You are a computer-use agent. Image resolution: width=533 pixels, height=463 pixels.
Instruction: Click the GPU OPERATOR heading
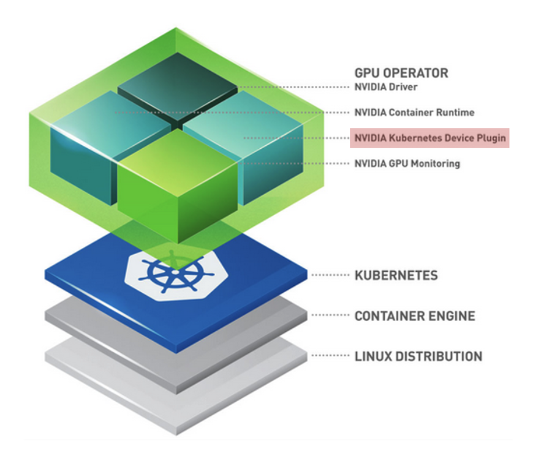click(x=401, y=73)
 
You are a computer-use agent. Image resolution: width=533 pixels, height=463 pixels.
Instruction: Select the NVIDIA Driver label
click(x=385, y=87)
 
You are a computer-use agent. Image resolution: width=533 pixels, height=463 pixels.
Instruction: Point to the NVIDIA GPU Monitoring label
click(x=407, y=164)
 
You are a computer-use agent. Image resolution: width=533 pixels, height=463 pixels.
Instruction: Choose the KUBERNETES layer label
click(x=396, y=275)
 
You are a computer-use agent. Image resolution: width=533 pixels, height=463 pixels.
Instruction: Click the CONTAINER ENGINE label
click(x=415, y=316)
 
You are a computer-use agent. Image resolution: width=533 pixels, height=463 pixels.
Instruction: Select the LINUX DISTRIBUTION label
click(x=418, y=356)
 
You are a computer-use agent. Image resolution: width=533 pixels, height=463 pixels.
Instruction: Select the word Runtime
click(x=456, y=113)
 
